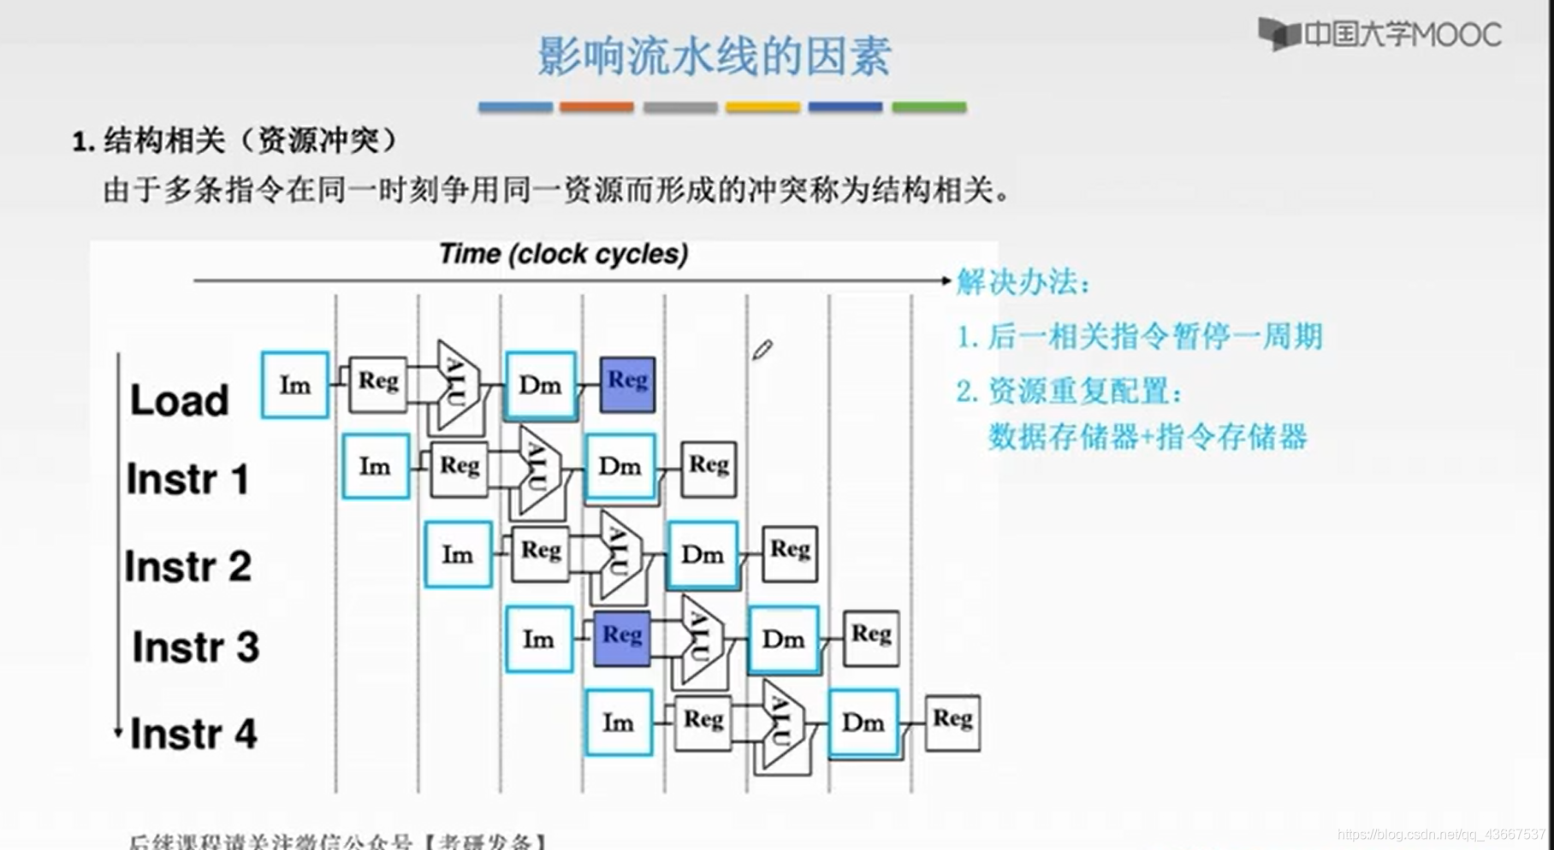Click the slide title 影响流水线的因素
pyautogui.click(x=715, y=56)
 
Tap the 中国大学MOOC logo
pyautogui.click(x=1379, y=34)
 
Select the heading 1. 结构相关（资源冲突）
pyautogui.click(x=235, y=141)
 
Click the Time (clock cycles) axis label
pyautogui.click(x=563, y=254)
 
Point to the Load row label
pyautogui.click(x=179, y=400)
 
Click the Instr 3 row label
pyautogui.click(x=195, y=646)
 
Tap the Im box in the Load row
pyautogui.click(x=295, y=386)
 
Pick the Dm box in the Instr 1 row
pyautogui.click(x=620, y=467)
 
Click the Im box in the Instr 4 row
pyautogui.click(x=619, y=723)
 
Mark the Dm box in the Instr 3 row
pyautogui.click(x=783, y=640)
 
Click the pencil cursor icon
pyautogui.click(x=762, y=350)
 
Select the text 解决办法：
pyautogui.click(x=1023, y=282)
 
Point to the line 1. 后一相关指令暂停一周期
pyautogui.click(x=1139, y=336)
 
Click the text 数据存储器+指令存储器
pyautogui.click(x=1148, y=437)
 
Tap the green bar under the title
pyautogui.click(x=928, y=107)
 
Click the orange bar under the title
pyautogui.click(x=596, y=107)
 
